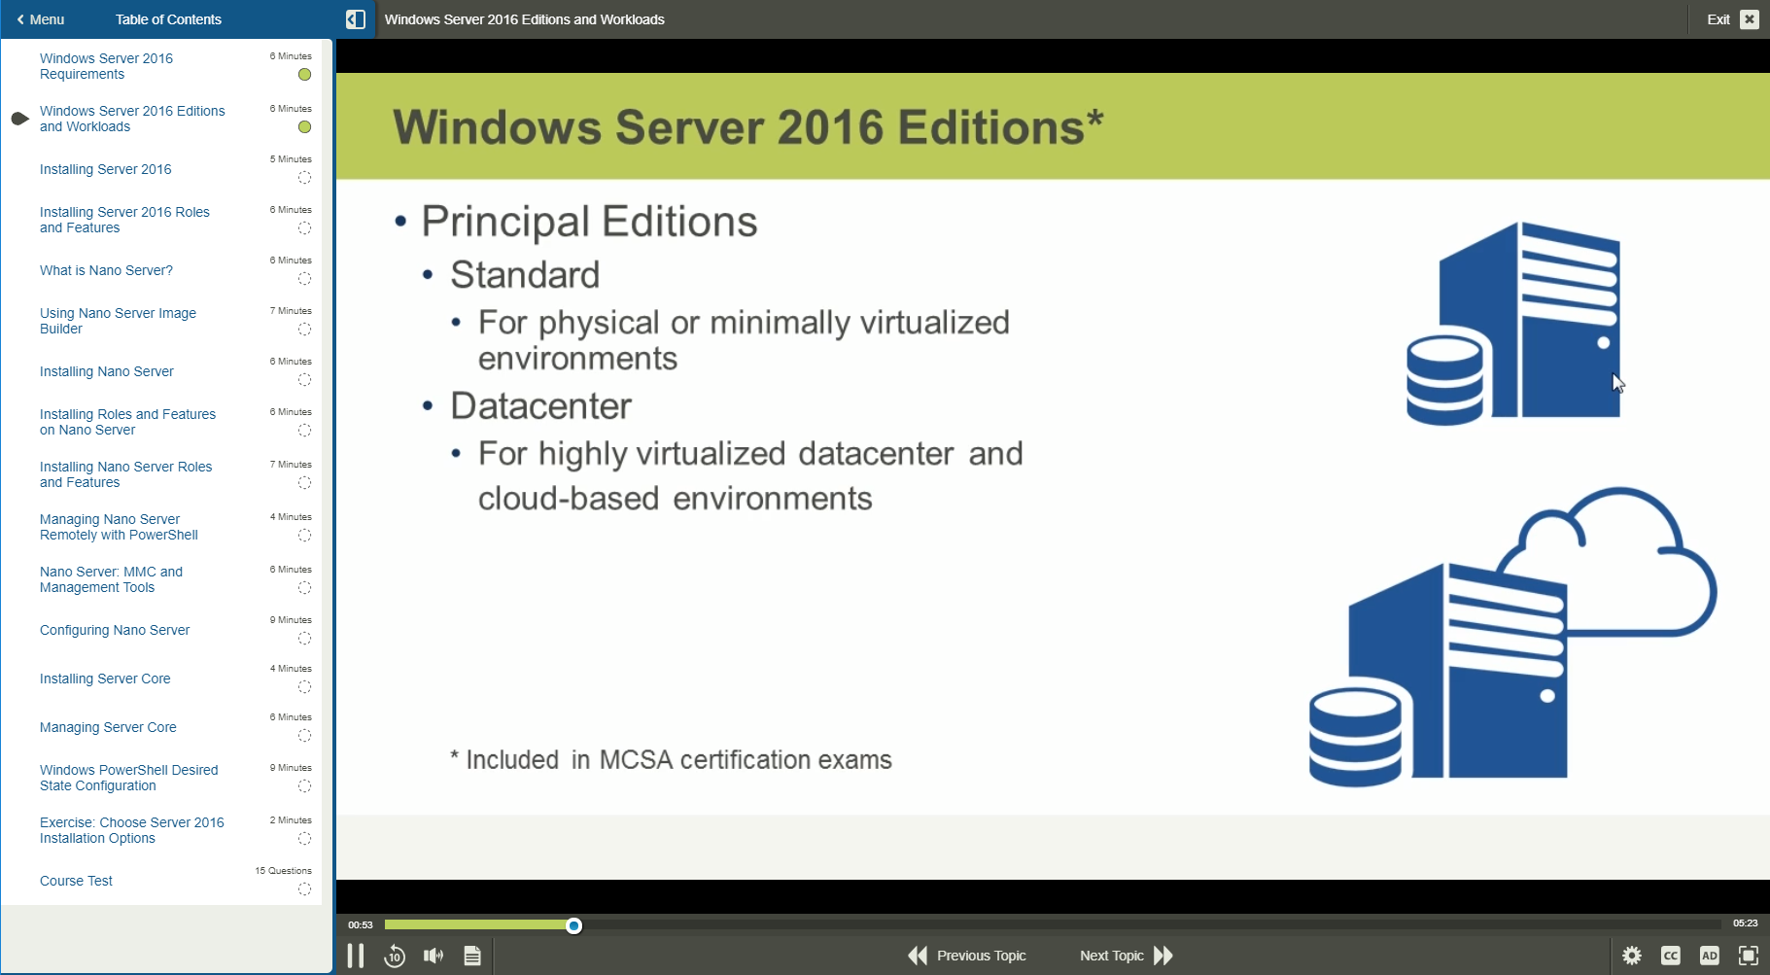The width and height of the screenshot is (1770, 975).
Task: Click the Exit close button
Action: [x=1749, y=19]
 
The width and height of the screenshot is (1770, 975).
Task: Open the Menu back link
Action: [x=41, y=19]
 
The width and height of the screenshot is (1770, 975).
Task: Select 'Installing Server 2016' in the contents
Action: [x=105, y=169]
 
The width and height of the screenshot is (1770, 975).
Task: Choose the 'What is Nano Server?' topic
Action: [x=106, y=270]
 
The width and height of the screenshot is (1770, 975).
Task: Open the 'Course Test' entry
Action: [x=76, y=881]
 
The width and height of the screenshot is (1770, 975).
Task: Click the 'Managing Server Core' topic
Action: [x=108, y=727]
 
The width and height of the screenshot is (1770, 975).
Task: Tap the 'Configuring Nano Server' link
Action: [x=115, y=630]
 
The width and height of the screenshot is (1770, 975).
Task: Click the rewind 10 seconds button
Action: [x=394, y=956]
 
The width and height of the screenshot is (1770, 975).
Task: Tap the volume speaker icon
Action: [x=434, y=956]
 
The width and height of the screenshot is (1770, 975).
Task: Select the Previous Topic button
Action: [x=967, y=956]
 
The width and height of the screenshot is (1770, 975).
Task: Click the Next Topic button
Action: [x=1126, y=956]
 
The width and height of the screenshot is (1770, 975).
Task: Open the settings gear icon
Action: [x=1632, y=956]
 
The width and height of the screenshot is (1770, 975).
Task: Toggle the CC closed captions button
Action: [x=1671, y=956]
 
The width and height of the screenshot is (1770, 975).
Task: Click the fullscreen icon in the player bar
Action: [x=1748, y=956]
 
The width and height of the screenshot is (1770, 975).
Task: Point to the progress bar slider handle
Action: [x=574, y=925]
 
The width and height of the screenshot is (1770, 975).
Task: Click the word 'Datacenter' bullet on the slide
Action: [x=540, y=406]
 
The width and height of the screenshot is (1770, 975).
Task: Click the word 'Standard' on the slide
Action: [x=525, y=275]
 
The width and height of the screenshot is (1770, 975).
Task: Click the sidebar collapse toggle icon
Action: [x=356, y=19]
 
